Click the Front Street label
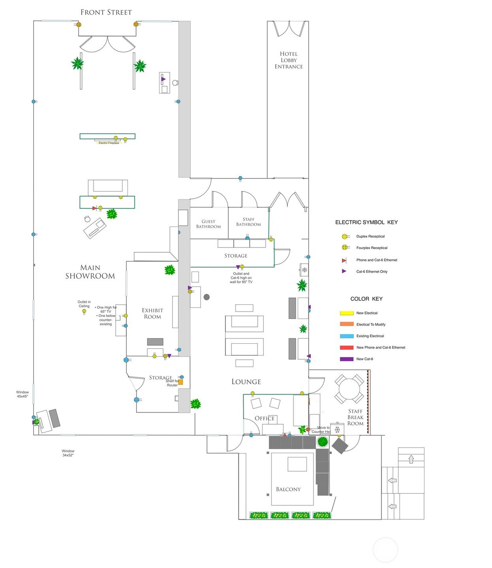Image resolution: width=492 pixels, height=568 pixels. click(106, 12)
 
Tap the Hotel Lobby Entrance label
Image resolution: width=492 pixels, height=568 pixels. click(289, 60)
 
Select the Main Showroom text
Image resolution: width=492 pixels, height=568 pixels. click(90, 272)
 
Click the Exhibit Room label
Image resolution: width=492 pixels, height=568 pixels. click(152, 313)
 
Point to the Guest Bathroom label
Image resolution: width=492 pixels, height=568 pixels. click(208, 224)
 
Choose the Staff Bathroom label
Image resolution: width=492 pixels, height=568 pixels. click(248, 222)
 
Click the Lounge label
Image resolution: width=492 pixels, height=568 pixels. click(246, 382)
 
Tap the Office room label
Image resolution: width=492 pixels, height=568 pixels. click(265, 418)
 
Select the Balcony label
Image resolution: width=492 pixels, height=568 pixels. click(288, 489)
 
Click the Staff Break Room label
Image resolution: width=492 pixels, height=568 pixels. click(355, 417)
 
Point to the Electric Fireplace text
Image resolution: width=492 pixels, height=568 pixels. click(109, 143)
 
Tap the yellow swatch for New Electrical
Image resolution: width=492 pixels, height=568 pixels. click(346, 313)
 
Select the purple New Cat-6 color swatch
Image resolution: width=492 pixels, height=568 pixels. click(346, 359)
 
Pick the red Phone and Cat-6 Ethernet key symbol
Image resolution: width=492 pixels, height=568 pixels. click(344, 260)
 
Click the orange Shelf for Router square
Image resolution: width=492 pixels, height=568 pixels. click(180, 382)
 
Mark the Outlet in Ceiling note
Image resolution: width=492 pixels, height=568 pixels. click(84, 304)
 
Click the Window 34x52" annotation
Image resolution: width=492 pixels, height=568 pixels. click(68, 453)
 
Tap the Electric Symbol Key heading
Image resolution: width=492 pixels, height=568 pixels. click(366, 222)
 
